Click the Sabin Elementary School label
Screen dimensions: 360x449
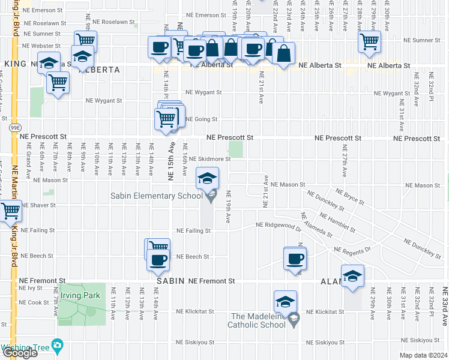point(156,196)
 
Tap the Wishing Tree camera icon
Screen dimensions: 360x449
point(57,346)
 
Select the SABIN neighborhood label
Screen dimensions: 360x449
point(170,281)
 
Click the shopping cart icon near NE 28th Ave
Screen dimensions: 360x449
point(369,41)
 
